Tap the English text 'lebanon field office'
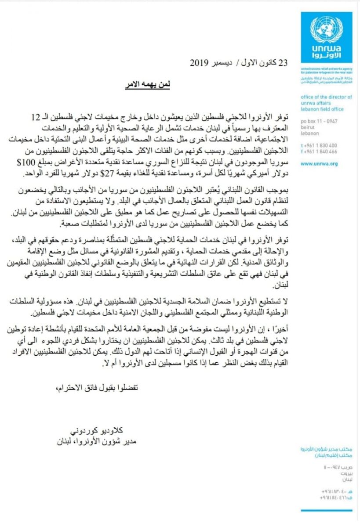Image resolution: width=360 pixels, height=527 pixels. (x=321, y=108)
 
